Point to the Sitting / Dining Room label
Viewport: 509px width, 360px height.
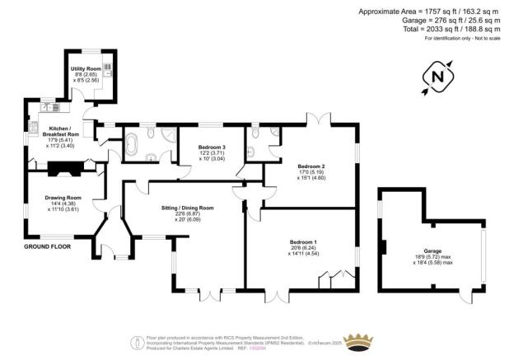(x=187, y=208)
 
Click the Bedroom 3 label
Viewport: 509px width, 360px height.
(x=212, y=147)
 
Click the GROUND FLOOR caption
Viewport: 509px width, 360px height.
(x=46, y=246)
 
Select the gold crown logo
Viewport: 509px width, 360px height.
(x=357, y=340)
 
